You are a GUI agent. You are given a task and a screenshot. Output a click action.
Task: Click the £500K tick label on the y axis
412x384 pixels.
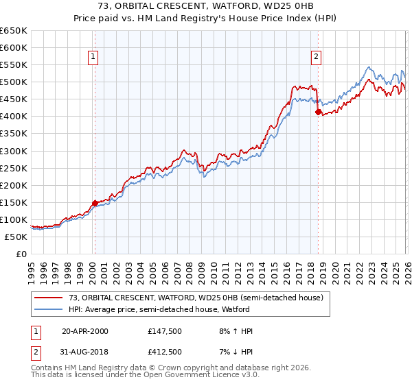coord(14,82)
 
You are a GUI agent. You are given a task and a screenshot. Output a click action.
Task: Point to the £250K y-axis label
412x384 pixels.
coord(14,168)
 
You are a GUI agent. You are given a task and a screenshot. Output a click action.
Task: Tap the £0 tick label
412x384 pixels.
coord(21,254)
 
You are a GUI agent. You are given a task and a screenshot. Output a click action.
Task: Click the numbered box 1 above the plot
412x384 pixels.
coord(93,58)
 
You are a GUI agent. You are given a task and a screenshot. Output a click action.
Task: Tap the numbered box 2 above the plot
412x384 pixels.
coord(316,58)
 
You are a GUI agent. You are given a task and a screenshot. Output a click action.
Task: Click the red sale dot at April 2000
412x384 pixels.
coord(95,202)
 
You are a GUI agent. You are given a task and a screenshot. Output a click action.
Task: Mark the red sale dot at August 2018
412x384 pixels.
coord(318,112)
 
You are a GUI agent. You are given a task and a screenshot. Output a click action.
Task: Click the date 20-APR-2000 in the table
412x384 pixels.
coord(84,331)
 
